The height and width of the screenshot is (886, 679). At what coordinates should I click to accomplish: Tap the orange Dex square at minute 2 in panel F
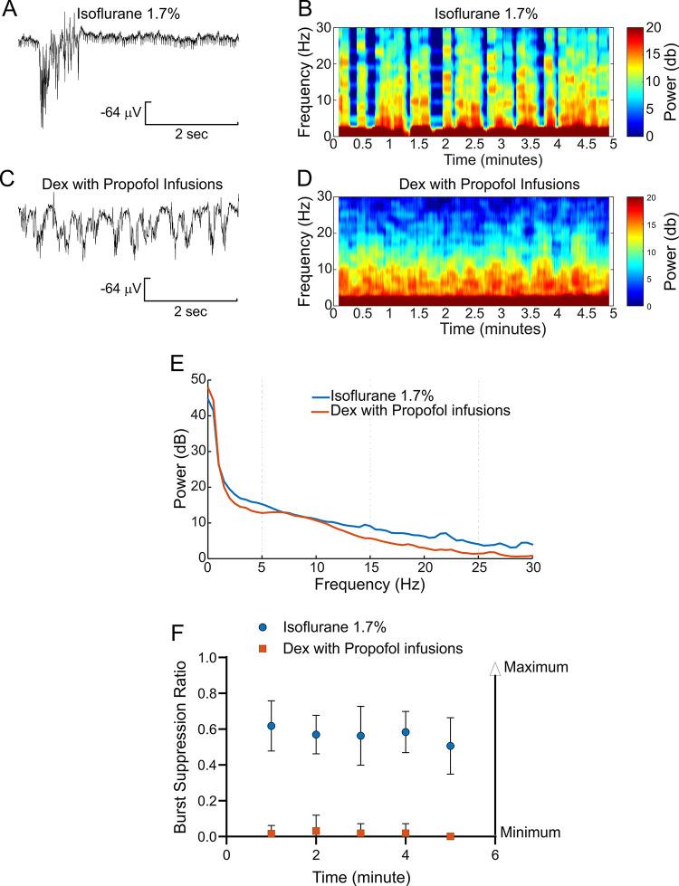click(316, 831)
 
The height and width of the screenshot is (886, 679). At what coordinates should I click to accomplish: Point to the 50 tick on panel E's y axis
click(197, 379)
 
